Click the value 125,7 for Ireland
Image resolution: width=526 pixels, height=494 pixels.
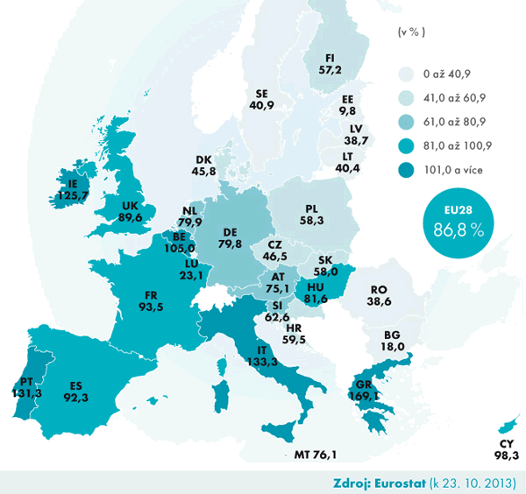tap(73, 196)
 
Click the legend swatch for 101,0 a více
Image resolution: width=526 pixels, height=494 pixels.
tap(406, 169)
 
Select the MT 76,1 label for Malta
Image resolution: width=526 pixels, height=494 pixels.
tap(317, 454)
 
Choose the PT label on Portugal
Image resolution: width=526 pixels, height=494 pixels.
tap(28, 381)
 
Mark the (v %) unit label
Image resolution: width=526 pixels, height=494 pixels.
tap(410, 32)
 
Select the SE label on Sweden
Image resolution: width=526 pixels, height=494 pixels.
tap(261, 93)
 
